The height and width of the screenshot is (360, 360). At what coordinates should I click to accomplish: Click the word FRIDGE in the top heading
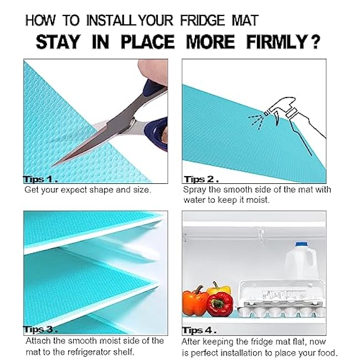point(202,20)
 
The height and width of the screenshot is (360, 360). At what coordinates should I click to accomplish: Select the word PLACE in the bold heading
point(148,42)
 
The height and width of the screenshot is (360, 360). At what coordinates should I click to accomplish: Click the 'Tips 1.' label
point(40,179)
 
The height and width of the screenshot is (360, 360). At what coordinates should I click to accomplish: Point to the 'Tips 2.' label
point(201,179)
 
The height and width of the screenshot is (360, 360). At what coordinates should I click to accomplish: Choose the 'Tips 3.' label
point(40,330)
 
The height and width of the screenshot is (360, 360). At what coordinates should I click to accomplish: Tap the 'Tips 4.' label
point(199,331)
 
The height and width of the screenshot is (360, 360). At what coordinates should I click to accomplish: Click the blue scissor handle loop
point(156,133)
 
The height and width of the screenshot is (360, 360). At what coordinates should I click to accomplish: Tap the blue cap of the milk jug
point(301,244)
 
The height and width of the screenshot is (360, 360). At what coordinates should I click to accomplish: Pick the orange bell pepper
point(195,301)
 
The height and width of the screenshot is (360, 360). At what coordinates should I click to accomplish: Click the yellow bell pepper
point(219,289)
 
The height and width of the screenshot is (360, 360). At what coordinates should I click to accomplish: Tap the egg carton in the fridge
point(281,299)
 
